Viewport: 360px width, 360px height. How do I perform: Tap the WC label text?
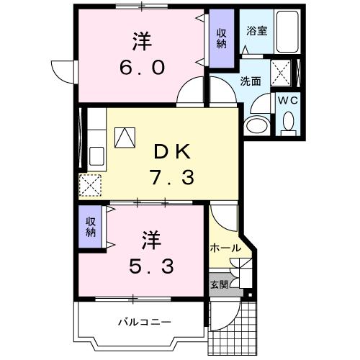point(287,99)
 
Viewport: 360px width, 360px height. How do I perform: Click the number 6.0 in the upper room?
point(143,67)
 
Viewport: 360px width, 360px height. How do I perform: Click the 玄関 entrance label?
point(219,284)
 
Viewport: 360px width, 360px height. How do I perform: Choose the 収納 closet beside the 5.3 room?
point(91,227)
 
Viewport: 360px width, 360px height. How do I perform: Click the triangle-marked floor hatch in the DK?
point(124,137)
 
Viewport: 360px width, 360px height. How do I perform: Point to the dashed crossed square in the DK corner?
point(91,185)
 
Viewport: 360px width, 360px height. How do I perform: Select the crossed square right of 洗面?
point(280,71)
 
